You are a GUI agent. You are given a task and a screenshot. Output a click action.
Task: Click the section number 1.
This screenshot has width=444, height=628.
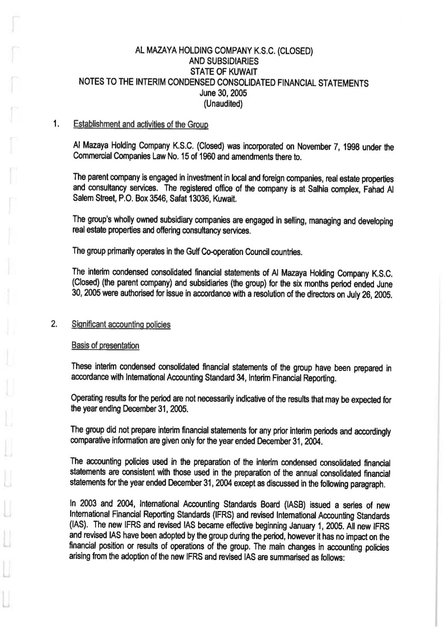[x=55, y=124]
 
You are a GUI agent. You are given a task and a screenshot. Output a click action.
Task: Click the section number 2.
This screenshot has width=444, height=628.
[x=54, y=324]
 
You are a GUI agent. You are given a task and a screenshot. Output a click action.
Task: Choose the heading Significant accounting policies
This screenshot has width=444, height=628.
[x=122, y=324]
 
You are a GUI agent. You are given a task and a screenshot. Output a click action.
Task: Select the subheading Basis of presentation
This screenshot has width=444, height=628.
[x=106, y=345]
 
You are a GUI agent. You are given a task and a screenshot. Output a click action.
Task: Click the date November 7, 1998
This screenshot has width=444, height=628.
[x=324, y=148]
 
